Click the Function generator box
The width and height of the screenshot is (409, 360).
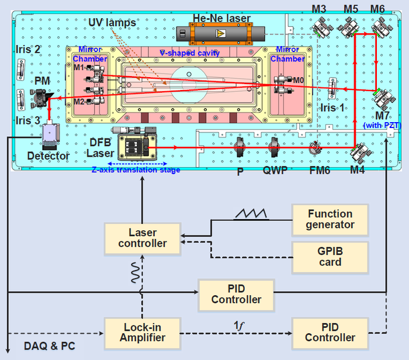click(330, 219)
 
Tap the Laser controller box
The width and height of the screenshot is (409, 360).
click(143, 238)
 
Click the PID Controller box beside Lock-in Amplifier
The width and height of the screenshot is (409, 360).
click(330, 331)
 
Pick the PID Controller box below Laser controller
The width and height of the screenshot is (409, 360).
click(236, 293)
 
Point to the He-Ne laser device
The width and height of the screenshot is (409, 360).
click(219, 34)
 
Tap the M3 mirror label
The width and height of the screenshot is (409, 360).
click(321, 8)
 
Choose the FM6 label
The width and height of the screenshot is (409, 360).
click(320, 172)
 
